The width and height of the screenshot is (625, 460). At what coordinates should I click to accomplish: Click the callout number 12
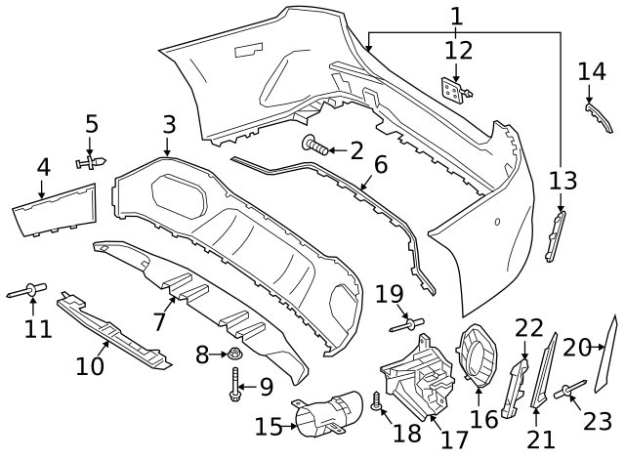458,50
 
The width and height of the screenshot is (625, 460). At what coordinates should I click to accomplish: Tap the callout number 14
592,71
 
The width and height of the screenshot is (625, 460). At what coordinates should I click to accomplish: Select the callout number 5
92,124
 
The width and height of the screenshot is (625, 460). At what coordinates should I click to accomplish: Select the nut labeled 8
234,355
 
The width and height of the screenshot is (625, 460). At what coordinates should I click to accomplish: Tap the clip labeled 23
566,392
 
